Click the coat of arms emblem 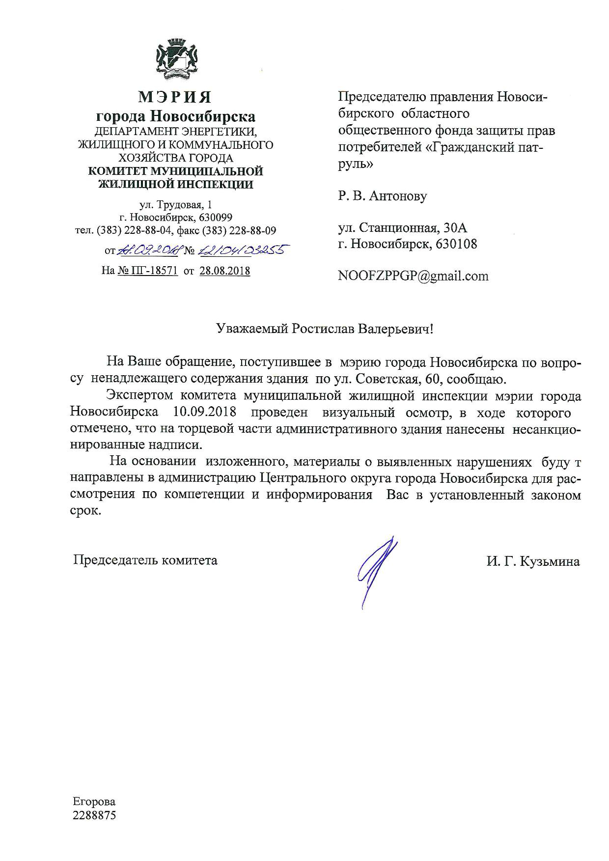click(x=176, y=60)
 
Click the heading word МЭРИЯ click(x=175, y=97)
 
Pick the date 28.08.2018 click(x=225, y=271)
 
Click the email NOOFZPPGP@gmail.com click(x=413, y=276)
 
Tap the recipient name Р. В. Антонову click(x=383, y=196)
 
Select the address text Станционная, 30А click(x=413, y=228)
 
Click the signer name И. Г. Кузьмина click(x=533, y=561)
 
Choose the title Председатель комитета click(x=145, y=560)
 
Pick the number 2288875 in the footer click(x=94, y=816)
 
